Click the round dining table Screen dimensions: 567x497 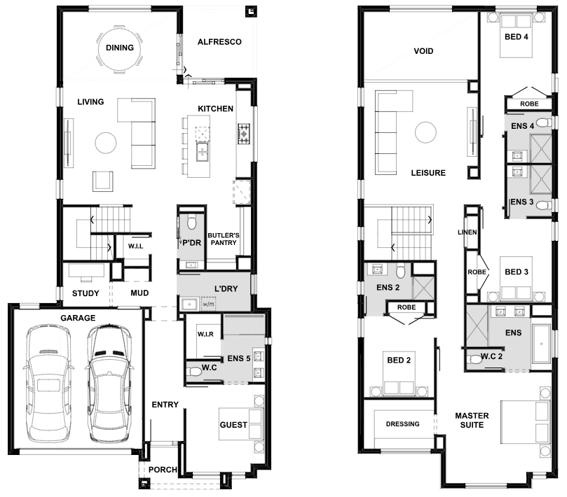click(119, 48)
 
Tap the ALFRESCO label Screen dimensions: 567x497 click(219, 42)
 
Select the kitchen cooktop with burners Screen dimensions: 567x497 click(244, 134)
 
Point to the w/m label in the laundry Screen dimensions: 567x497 click(208, 304)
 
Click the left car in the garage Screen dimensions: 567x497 click(48, 383)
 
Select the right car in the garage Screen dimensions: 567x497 click(109, 383)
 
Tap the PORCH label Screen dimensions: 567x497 click(163, 470)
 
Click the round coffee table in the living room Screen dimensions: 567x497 click(106, 143)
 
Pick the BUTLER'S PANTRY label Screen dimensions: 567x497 click(224, 239)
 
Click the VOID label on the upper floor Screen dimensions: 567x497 click(423, 51)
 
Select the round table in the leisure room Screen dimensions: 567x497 click(425, 132)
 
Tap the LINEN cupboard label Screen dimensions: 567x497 click(467, 232)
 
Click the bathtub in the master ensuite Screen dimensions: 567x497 click(541, 344)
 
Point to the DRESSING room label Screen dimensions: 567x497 click(403, 423)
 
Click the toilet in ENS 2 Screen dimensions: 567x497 click(401, 270)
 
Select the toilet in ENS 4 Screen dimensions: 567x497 click(544, 122)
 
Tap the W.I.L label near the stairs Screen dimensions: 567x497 click(135, 246)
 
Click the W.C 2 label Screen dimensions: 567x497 click(491, 356)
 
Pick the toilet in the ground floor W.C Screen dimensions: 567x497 click(194, 371)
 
